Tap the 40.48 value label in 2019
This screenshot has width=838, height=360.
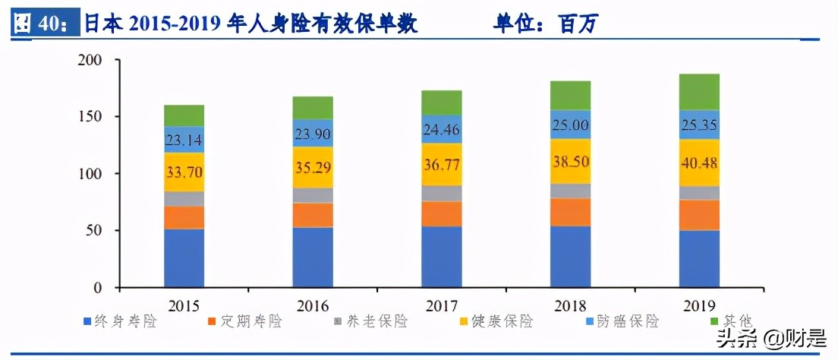[x=699, y=163]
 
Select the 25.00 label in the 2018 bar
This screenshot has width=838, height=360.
[x=570, y=125]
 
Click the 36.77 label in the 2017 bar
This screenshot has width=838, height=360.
[x=441, y=165]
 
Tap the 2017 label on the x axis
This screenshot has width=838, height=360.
[x=441, y=306]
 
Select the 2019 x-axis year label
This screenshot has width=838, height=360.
[x=699, y=306]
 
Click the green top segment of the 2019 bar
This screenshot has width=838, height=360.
[x=699, y=92]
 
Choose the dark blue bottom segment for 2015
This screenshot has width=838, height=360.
[x=184, y=258]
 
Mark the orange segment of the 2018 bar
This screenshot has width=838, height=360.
[x=570, y=212]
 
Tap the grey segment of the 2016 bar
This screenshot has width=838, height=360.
[x=313, y=195]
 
